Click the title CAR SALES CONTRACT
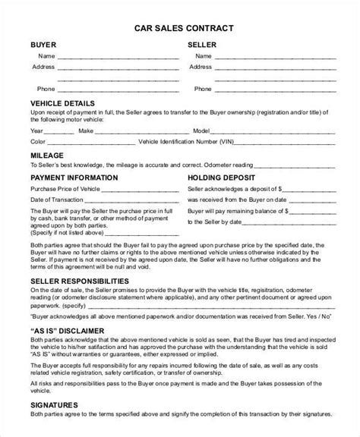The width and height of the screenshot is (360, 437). (x=179, y=28)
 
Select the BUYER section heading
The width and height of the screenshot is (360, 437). (x=43, y=45)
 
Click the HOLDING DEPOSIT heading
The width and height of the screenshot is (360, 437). (x=223, y=178)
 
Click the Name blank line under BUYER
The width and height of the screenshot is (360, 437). (x=114, y=58)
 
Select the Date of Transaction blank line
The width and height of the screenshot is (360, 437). (x=122, y=200)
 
